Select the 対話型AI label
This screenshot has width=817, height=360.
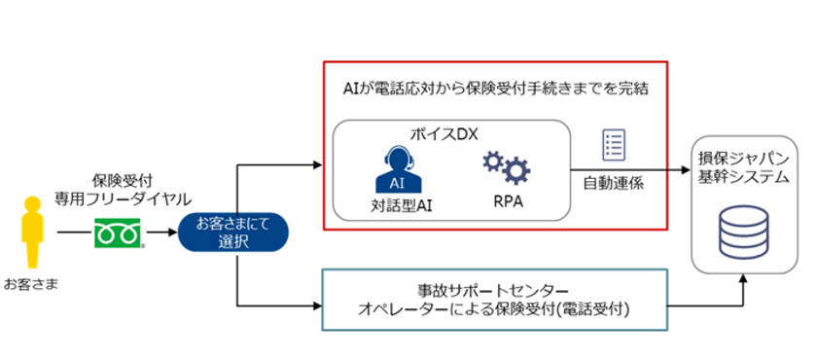[x=400, y=204]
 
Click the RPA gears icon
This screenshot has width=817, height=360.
[x=507, y=168]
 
